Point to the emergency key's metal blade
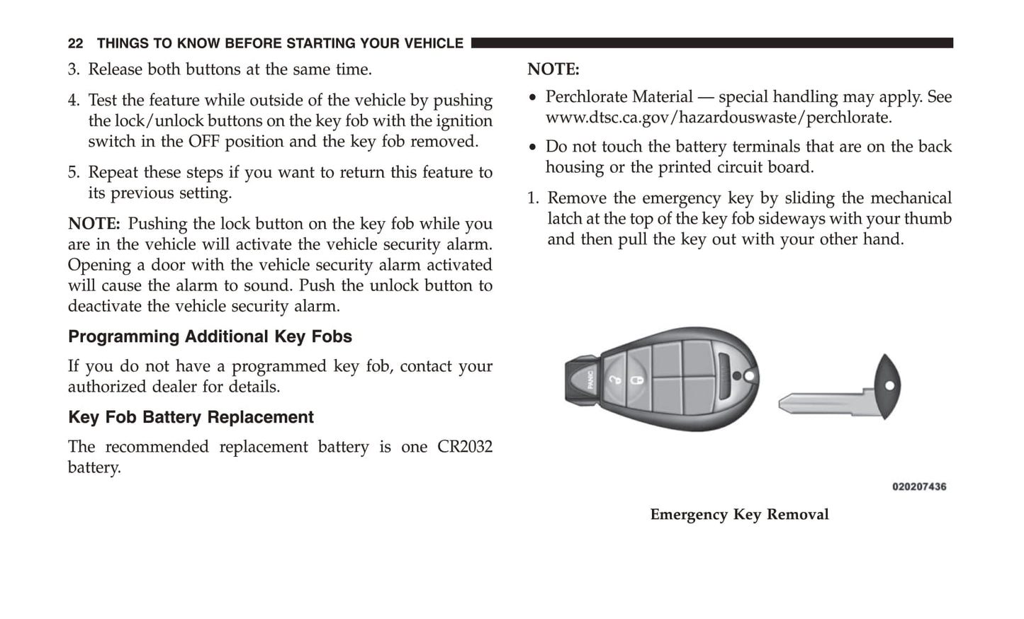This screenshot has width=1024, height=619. pyautogui.click(x=822, y=403)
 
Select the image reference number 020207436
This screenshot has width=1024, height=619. pyautogui.click(x=918, y=487)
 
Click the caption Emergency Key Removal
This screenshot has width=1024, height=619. pyautogui.click(x=739, y=515)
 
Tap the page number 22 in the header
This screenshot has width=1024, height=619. pyautogui.click(x=75, y=44)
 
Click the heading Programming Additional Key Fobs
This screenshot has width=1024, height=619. pyautogui.click(x=210, y=336)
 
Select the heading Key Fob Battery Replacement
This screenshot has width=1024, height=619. pyautogui.click(x=191, y=417)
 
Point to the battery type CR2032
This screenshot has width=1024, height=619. pyautogui.click(x=464, y=447)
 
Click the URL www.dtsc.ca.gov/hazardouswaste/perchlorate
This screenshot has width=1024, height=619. pyautogui.click(x=718, y=118)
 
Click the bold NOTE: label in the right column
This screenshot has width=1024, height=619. pyautogui.click(x=553, y=69)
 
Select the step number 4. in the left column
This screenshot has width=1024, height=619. pyautogui.click(x=74, y=101)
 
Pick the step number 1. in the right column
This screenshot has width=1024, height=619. pyautogui.click(x=533, y=198)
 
